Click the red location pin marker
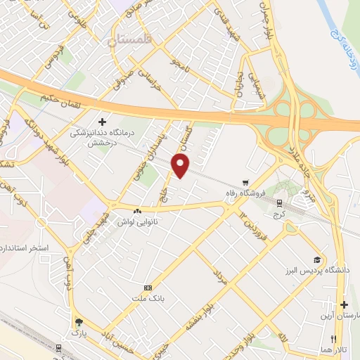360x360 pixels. [181, 165]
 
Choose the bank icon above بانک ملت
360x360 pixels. [148, 288]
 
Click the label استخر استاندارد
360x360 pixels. [25, 248]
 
